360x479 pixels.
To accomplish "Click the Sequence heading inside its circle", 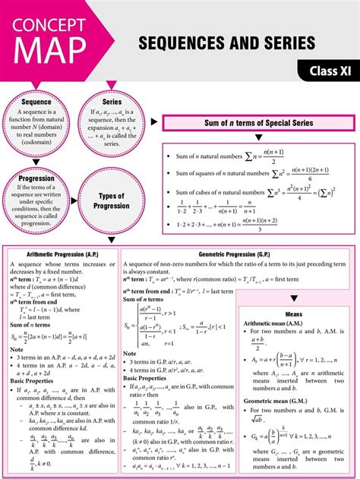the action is click(x=36, y=102).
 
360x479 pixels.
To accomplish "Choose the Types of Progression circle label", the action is click(x=112, y=201).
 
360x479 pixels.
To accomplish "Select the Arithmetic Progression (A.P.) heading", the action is click(x=61, y=254).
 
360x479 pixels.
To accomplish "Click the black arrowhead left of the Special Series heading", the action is click(x=155, y=121).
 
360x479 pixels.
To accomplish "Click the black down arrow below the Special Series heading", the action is click(x=258, y=137).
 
